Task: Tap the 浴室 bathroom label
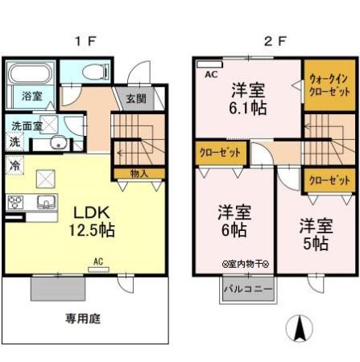tap(33, 95)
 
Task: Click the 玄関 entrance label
tap(135, 99)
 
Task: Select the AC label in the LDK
tap(97, 261)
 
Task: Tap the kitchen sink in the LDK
tap(43, 201)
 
